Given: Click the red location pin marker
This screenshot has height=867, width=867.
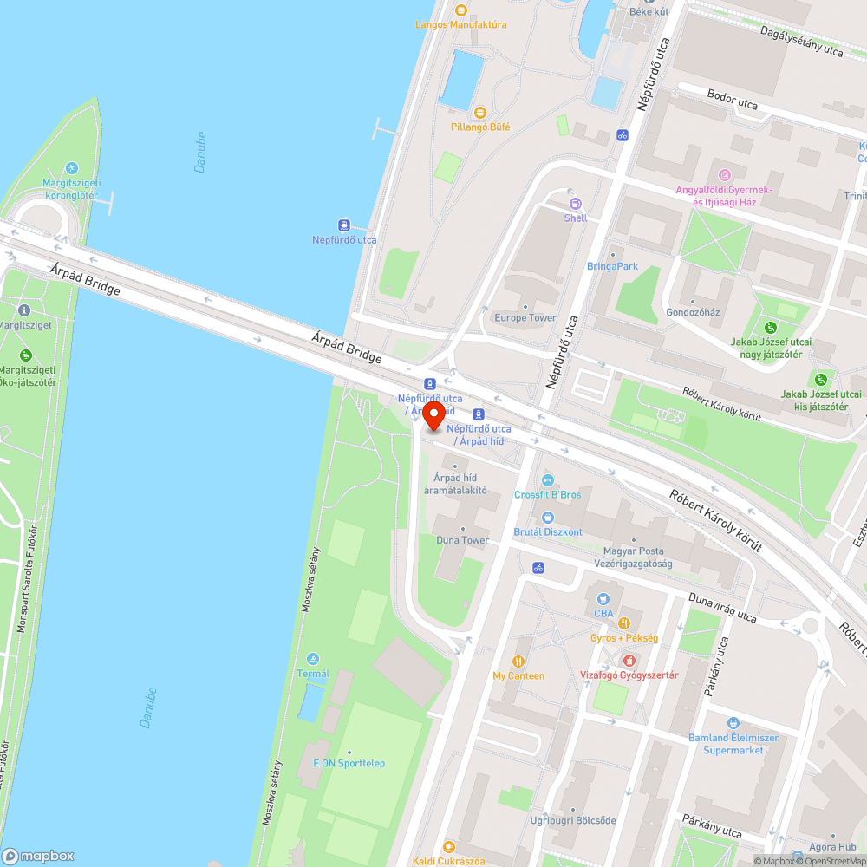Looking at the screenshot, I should [433, 415].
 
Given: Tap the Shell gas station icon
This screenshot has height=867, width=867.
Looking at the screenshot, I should [575, 204].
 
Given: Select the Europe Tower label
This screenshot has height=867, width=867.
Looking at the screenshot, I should [525, 317].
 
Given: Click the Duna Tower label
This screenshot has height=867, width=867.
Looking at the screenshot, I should [463, 540].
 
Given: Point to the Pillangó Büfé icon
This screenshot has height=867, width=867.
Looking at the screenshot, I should [479, 113].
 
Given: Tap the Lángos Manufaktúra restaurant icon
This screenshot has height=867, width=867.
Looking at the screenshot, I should [461, 10].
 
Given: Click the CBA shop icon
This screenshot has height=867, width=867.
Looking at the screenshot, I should [603, 599].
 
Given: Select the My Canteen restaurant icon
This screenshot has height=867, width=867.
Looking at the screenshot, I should [518, 662].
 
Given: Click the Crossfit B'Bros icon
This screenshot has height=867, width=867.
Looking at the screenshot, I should [547, 480].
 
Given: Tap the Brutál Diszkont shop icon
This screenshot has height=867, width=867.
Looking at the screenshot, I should [547, 518].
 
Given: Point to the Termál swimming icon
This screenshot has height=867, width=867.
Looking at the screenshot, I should [313, 660].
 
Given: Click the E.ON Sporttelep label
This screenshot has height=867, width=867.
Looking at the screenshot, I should [349, 763].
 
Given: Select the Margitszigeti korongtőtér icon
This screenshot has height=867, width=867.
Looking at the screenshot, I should [72, 168].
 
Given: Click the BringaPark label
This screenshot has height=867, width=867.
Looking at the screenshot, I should [612, 266].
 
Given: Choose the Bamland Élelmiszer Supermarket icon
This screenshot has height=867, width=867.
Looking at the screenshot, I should [733, 723].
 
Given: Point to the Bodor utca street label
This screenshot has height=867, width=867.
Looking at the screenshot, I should [733, 102].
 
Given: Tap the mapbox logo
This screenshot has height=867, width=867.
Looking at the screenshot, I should [38, 855].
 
